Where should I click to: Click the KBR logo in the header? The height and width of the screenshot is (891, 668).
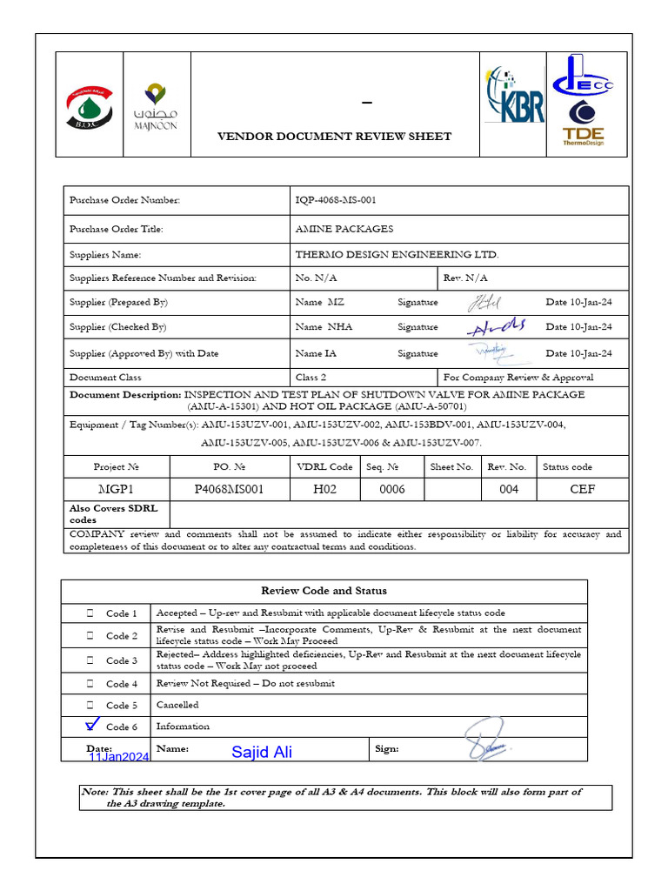click(515, 96)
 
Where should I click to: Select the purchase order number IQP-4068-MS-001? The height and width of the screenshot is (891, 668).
click(336, 200)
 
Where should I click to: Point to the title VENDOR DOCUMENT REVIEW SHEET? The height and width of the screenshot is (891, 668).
click(334, 136)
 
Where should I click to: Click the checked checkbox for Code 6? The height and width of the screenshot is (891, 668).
click(92, 725)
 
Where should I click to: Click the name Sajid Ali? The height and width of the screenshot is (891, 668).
click(262, 753)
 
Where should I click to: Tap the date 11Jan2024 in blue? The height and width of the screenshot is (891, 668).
click(119, 757)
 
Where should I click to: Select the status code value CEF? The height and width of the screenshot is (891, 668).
click(582, 489)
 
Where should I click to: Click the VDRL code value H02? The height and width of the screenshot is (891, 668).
click(324, 489)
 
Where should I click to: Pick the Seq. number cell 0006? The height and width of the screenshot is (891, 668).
click(392, 489)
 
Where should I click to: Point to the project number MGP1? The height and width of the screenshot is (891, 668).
click(116, 489)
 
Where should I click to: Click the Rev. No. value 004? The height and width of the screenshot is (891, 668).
click(509, 489)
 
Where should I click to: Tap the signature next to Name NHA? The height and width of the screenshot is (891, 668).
click(496, 326)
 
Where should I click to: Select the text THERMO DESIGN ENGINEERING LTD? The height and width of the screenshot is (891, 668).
click(397, 255)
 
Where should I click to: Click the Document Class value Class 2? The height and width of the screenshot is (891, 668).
click(311, 378)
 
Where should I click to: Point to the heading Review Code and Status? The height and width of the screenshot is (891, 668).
click(324, 591)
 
